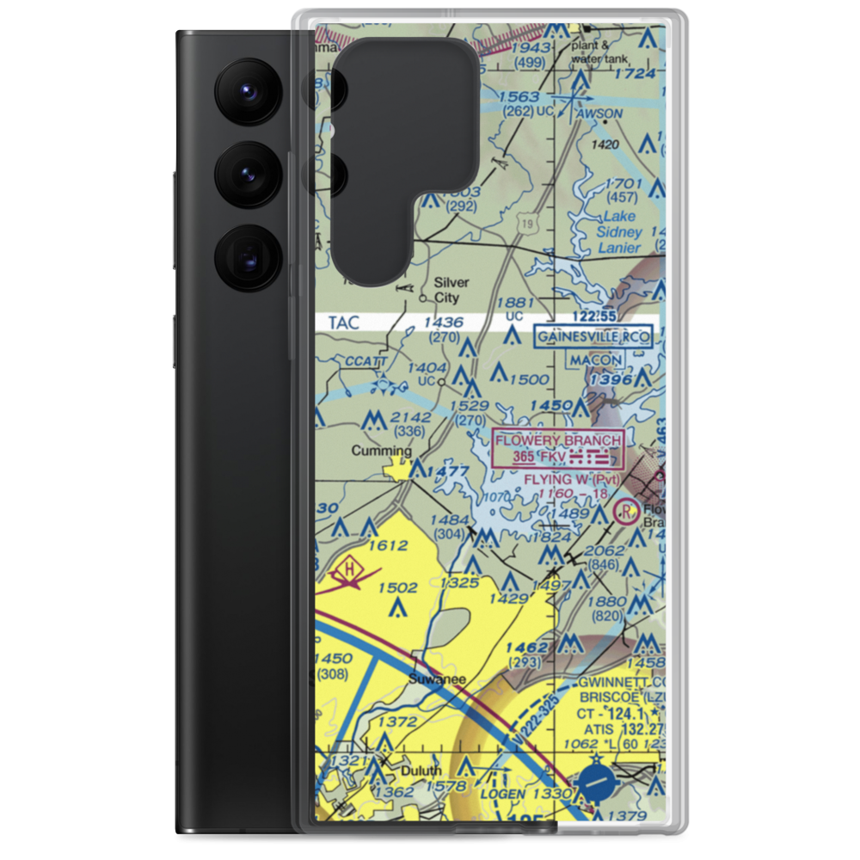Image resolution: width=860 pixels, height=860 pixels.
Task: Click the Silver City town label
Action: tap(451, 290)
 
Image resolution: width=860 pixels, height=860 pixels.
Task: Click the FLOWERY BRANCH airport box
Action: tap(557, 449)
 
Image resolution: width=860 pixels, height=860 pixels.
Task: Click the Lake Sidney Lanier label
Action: tap(620, 232)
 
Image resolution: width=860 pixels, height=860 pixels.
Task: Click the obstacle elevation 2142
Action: tap(410, 417)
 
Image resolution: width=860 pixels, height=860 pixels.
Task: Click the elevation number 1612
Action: tap(386, 545)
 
